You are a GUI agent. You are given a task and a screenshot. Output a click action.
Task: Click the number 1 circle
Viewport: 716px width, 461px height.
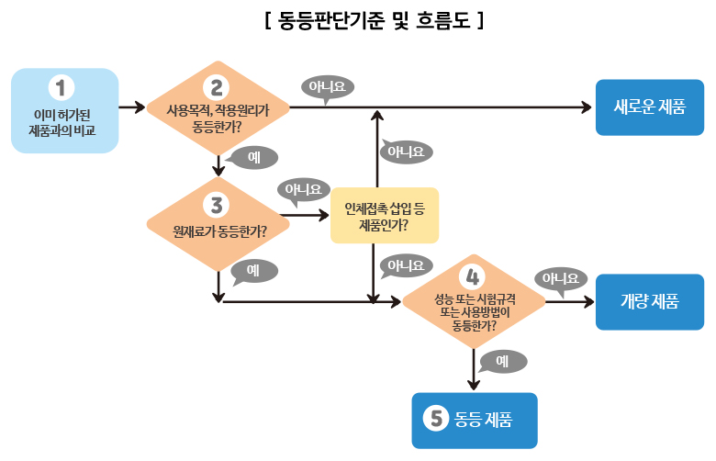tap(61, 87)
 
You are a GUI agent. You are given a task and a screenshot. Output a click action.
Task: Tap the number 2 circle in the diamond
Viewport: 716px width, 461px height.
tap(217, 87)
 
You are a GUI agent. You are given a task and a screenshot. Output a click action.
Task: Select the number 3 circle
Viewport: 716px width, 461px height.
tap(217, 203)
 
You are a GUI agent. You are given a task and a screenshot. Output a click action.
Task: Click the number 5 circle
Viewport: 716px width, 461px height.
tap(435, 419)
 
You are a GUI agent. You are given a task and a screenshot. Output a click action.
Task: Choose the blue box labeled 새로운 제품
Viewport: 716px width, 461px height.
tap(649, 107)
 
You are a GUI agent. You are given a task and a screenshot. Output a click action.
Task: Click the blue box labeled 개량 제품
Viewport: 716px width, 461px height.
tap(649, 301)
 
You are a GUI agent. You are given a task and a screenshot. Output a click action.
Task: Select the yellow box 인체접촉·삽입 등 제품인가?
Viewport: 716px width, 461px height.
tap(385, 216)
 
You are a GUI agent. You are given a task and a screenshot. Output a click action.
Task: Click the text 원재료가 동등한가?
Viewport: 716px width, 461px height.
tap(218, 230)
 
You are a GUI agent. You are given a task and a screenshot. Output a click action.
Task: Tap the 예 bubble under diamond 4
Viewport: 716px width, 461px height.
tap(501, 361)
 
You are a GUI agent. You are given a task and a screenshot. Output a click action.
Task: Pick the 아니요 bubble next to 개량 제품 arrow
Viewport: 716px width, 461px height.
tap(561, 277)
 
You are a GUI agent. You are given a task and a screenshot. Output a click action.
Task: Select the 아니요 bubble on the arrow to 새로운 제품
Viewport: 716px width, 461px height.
tap(327, 87)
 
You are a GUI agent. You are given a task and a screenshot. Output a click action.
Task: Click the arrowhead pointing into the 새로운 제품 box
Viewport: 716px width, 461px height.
tap(587, 108)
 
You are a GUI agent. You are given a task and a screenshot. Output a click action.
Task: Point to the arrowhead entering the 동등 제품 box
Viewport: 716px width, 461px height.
tap(474, 386)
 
